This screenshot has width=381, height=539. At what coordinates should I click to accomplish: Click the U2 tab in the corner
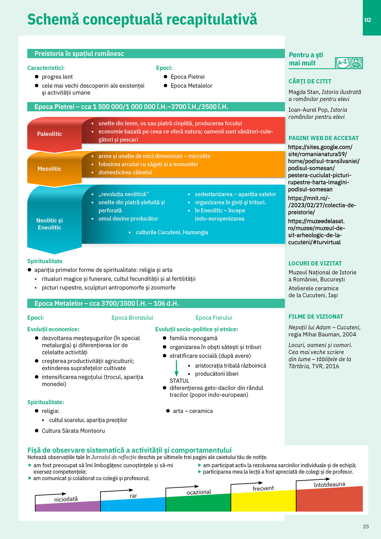point(368,20)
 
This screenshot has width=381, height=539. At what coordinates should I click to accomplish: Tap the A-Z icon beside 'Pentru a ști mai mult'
point(349,63)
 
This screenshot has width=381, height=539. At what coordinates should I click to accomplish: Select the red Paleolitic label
point(50,134)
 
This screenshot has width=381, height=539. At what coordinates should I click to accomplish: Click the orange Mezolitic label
point(49,169)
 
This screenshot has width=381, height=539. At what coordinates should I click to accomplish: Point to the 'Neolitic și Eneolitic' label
point(49,224)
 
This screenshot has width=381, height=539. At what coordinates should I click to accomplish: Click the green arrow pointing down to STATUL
point(176,369)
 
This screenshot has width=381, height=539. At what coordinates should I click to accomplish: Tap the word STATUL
point(179,381)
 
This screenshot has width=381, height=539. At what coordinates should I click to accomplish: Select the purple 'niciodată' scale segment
point(67,507)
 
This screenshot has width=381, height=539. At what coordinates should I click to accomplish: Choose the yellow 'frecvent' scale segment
point(263,502)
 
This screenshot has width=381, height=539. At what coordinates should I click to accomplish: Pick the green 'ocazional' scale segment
point(198,504)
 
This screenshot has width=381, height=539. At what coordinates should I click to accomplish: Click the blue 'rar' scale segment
point(132,505)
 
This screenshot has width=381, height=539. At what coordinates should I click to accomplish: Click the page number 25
point(366,526)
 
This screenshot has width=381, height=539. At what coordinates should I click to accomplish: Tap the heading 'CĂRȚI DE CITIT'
point(310,82)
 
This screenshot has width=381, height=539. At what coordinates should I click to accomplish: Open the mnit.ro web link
point(322,205)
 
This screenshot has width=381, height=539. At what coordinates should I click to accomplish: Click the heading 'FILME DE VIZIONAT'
point(316,317)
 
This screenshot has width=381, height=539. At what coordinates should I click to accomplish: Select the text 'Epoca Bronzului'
point(132,318)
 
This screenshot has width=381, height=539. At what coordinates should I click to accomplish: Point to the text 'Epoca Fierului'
point(214,318)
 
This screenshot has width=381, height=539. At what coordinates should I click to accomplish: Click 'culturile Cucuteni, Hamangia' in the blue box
point(172,232)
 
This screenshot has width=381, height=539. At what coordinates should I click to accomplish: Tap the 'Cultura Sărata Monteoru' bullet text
point(73,431)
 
